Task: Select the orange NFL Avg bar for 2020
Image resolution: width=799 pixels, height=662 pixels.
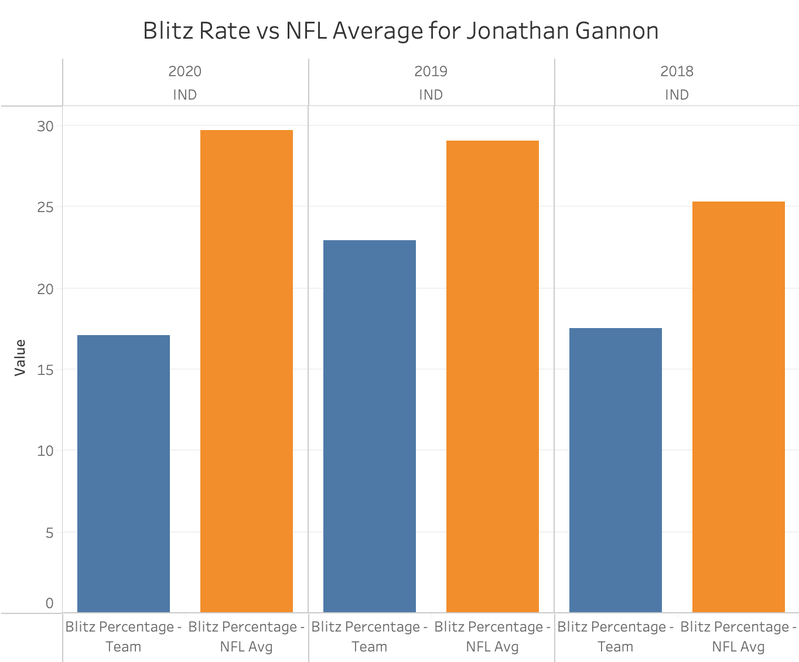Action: coord(247,371)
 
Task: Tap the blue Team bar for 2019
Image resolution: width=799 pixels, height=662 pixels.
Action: coord(370,426)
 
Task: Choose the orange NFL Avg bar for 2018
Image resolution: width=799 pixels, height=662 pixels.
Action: coord(739,407)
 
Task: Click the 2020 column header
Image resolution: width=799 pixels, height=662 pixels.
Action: coord(185,71)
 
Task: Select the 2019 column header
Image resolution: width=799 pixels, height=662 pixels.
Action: coord(431,71)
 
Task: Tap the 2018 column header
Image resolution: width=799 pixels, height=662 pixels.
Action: coord(677,71)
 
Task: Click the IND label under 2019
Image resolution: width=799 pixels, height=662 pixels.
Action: coord(431,95)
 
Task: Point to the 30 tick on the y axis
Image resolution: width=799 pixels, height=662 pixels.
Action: coord(46,127)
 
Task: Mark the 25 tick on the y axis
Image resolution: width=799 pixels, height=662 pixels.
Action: coord(46,207)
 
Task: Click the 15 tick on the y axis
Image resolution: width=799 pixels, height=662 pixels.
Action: coord(46,370)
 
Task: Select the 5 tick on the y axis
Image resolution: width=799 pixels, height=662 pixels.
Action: coord(49,533)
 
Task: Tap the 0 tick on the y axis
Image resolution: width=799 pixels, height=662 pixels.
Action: coord(49,603)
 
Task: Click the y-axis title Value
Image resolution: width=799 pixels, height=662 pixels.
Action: coord(20,357)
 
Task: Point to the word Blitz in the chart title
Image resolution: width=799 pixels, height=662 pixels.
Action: coord(167,30)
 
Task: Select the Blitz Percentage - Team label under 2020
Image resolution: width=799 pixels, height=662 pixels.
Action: coord(124,637)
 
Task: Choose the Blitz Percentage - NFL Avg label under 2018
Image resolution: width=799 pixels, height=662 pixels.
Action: coord(739,637)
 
